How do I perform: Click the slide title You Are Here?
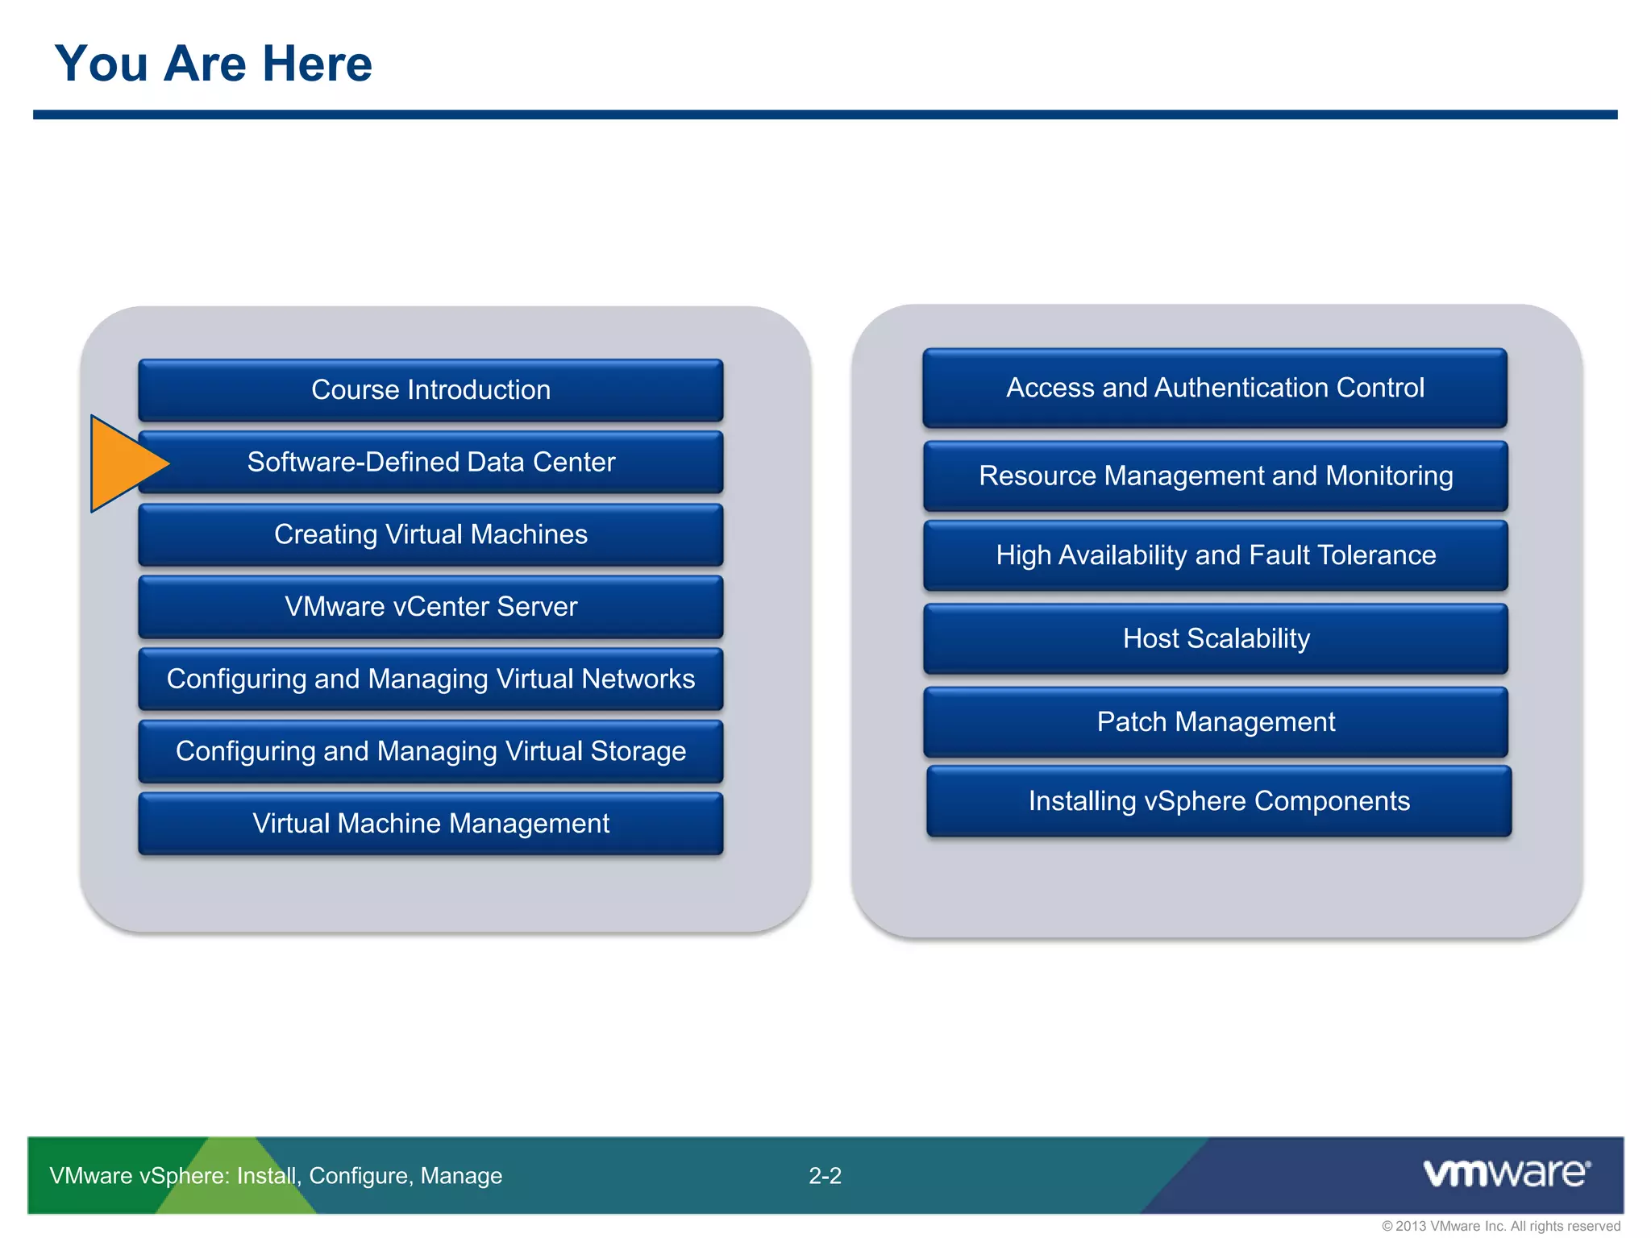(x=213, y=64)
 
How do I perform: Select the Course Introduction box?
(x=430, y=390)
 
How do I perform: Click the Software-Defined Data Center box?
(x=430, y=462)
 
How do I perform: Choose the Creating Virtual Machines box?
(x=430, y=534)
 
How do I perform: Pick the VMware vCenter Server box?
(x=430, y=606)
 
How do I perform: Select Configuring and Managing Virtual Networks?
(x=430, y=679)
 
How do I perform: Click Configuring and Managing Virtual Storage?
(x=430, y=751)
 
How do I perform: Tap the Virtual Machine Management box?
(x=430, y=823)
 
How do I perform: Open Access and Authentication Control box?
(x=1215, y=388)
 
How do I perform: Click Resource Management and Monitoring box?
(x=1215, y=476)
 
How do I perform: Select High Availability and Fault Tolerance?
(x=1215, y=555)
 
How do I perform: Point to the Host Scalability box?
(x=1215, y=638)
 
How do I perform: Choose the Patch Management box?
(x=1215, y=721)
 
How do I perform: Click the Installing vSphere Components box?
(x=1218, y=801)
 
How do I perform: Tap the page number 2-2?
(x=825, y=1176)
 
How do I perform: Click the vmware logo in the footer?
(x=1506, y=1173)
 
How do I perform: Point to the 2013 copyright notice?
(x=1500, y=1226)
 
